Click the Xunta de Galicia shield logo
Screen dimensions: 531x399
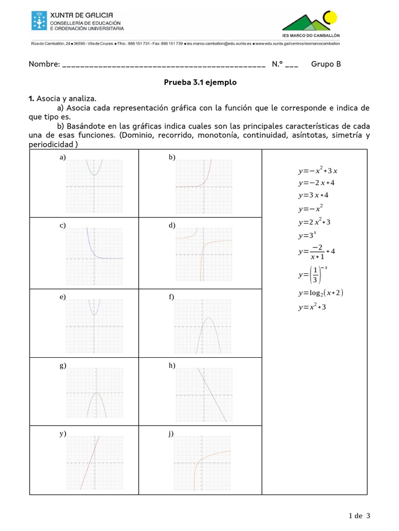[38, 21]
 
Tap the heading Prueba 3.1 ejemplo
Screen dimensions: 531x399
[200, 82]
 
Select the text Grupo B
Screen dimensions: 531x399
[326, 64]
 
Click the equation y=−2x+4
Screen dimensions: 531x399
[316, 183]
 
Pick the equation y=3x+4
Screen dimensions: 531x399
[313, 195]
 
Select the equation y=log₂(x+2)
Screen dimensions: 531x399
[321, 293]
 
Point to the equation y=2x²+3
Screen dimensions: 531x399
[314, 222]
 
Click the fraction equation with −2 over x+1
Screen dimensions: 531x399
[316, 251]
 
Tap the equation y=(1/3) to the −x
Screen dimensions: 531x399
[313, 274]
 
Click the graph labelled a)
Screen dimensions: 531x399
[94, 186]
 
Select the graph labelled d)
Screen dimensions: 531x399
[203, 254]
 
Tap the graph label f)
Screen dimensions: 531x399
[171, 297]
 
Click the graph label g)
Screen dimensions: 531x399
[62, 366]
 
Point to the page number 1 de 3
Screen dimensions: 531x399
[360, 515]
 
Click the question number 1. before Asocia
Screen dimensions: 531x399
[31, 98]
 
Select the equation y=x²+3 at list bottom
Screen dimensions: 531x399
[312, 307]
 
